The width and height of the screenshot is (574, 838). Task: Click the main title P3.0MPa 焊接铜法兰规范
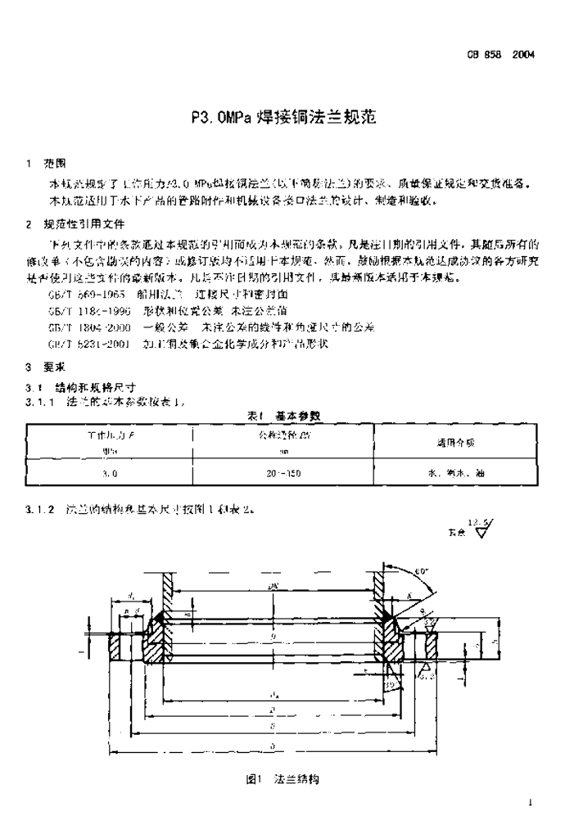pos(286,116)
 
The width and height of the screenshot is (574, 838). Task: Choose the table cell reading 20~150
pos(284,472)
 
